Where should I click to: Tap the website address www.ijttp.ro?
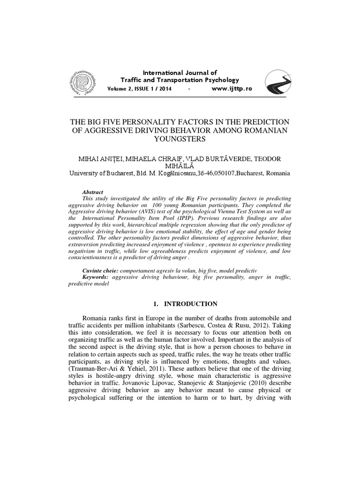coord(232,89)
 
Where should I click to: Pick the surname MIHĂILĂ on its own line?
coord(180,165)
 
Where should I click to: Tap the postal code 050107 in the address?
coord(217,172)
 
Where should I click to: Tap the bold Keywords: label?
coord(96,277)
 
